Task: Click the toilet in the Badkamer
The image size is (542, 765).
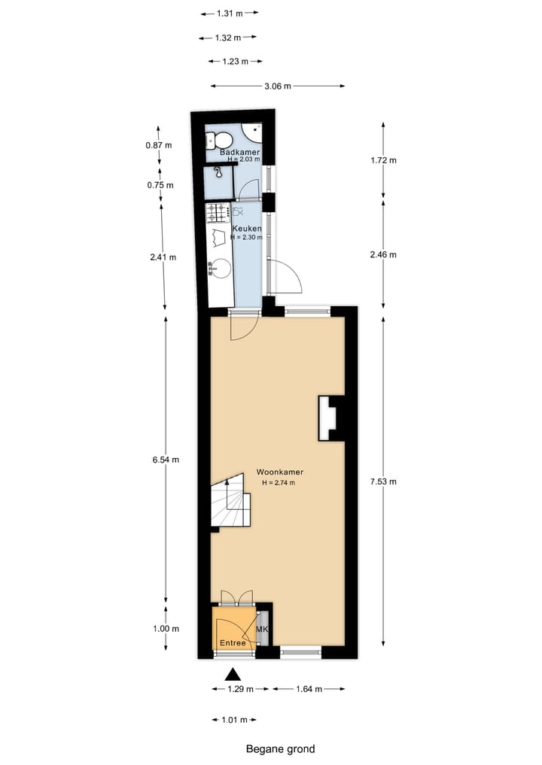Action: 221,140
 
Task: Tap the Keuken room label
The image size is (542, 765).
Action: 247,228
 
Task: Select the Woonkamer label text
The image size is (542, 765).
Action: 279,472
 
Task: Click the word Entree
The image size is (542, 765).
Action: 233,643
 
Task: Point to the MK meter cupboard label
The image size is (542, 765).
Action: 262,629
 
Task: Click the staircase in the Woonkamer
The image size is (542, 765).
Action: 230,502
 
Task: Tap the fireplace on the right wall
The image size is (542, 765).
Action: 330,418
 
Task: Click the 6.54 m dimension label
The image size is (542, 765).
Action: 164,460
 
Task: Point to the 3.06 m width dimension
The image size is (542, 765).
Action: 278,87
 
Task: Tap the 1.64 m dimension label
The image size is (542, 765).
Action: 309,689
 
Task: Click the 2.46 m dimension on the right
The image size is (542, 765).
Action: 383,254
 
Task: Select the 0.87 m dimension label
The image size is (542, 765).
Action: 159,145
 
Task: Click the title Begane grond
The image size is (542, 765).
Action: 280,748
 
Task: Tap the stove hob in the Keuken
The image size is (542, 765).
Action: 218,213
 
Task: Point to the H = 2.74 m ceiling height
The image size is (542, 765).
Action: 279,483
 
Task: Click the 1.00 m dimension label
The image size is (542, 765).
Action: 165,629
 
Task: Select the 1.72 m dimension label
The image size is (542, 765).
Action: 383,160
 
